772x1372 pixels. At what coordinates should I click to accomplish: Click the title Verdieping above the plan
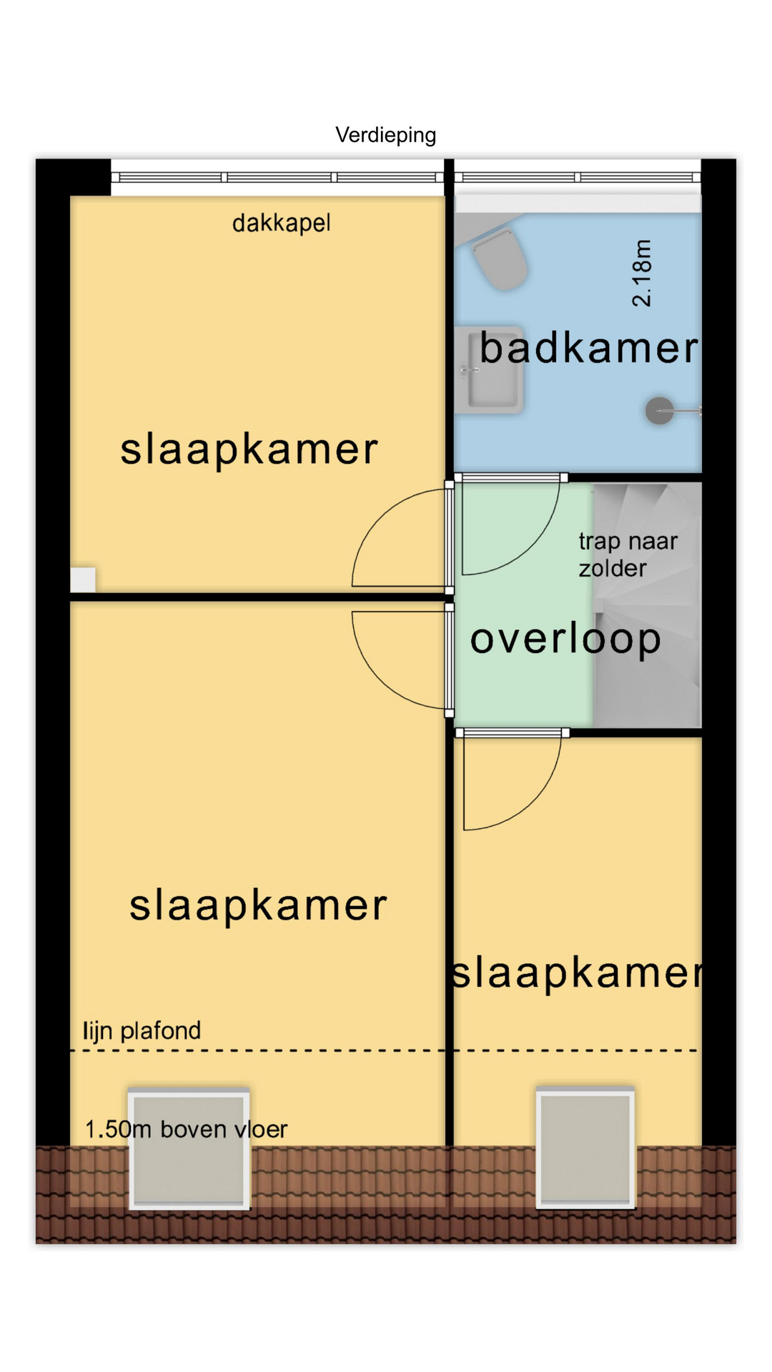tap(386, 135)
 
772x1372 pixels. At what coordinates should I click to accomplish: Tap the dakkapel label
tap(282, 223)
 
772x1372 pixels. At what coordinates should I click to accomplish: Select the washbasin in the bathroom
tap(490, 370)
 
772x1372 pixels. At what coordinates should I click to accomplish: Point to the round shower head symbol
tap(660, 411)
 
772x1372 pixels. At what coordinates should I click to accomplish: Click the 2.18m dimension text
tap(642, 274)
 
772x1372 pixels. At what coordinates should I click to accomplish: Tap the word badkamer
tap(589, 348)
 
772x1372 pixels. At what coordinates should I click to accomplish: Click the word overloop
tap(565, 639)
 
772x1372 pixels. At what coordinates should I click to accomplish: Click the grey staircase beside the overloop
tap(647, 605)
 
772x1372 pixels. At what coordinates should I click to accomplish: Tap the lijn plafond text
tap(142, 1030)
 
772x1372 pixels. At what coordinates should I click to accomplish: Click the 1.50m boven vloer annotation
tap(186, 1129)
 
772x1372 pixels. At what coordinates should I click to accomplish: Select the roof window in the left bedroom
tap(189, 1149)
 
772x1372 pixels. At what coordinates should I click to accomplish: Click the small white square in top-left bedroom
tap(83, 580)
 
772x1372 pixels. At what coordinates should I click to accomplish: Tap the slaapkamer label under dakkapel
tap(249, 449)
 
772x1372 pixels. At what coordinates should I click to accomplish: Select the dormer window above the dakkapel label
tap(277, 177)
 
